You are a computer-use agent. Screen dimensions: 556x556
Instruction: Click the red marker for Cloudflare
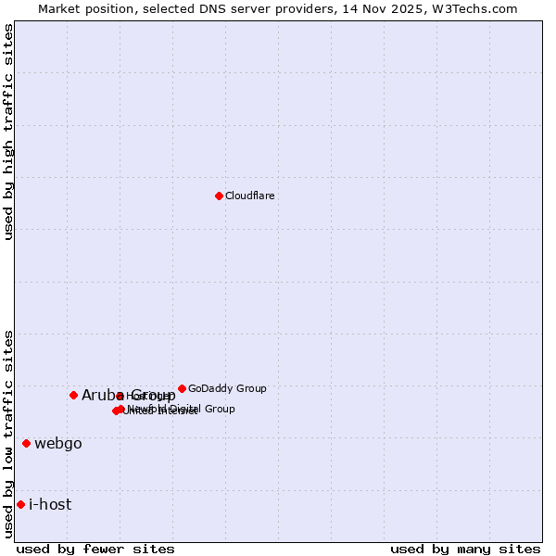[219, 196]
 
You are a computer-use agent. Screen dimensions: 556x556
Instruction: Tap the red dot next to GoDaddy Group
[182, 388]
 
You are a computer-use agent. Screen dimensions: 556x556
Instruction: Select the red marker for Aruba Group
[73, 395]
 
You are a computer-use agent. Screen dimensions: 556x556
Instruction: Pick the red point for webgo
[26, 443]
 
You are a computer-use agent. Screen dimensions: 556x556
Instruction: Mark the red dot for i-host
[20, 504]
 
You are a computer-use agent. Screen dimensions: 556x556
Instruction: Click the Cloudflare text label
[250, 196]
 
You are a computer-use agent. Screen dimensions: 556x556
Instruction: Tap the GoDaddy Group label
[227, 388]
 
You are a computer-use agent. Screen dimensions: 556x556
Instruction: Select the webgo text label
[58, 443]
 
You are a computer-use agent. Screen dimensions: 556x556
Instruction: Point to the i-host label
[50, 504]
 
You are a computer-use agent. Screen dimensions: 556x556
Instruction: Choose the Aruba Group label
[129, 395]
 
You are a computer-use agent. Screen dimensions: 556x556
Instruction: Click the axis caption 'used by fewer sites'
[95, 549]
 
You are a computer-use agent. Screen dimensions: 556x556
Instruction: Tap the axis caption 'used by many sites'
[465, 549]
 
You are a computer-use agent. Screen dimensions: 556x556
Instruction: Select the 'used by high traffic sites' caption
[8, 132]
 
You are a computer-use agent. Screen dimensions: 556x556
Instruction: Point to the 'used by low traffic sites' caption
[8, 434]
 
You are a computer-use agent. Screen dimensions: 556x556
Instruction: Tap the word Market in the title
[60, 8]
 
